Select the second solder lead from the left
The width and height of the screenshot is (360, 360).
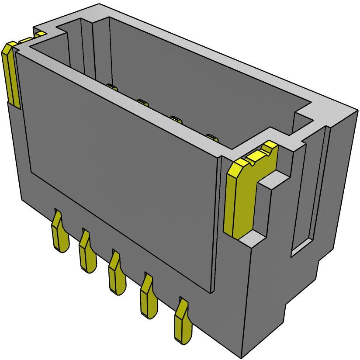[x=87, y=253]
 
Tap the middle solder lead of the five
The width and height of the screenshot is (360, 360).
[x=117, y=275]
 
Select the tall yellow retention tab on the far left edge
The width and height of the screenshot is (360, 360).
[x=11, y=74]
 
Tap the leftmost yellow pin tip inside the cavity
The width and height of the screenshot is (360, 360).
[x=112, y=87]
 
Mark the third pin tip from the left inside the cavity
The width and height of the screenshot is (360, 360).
[x=177, y=119]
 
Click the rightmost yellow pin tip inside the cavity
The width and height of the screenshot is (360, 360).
[x=212, y=137]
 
